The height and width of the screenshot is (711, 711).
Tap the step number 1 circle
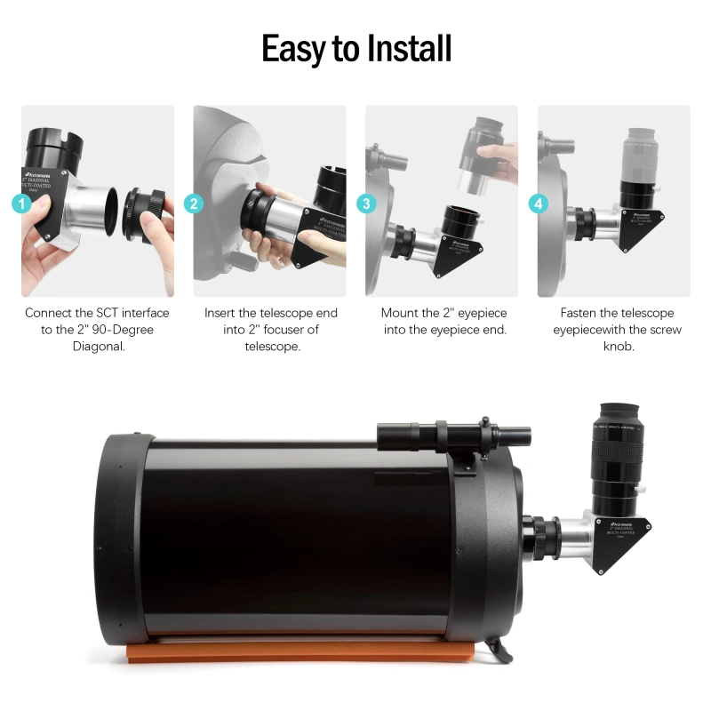pyautogui.click(x=26, y=204)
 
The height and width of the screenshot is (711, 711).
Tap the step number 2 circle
pyautogui.click(x=195, y=204)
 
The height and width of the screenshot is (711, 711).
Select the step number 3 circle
pyautogui.click(x=366, y=204)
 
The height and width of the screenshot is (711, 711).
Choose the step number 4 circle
pyautogui.click(x=539, y=204)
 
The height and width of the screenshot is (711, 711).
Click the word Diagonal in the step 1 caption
pyautogui.click(x=98, y=347)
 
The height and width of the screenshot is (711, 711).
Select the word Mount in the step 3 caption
pyautogui.click(x=401, y=313)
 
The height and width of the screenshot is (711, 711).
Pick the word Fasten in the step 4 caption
pyautogui.click(x=581, y=313)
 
